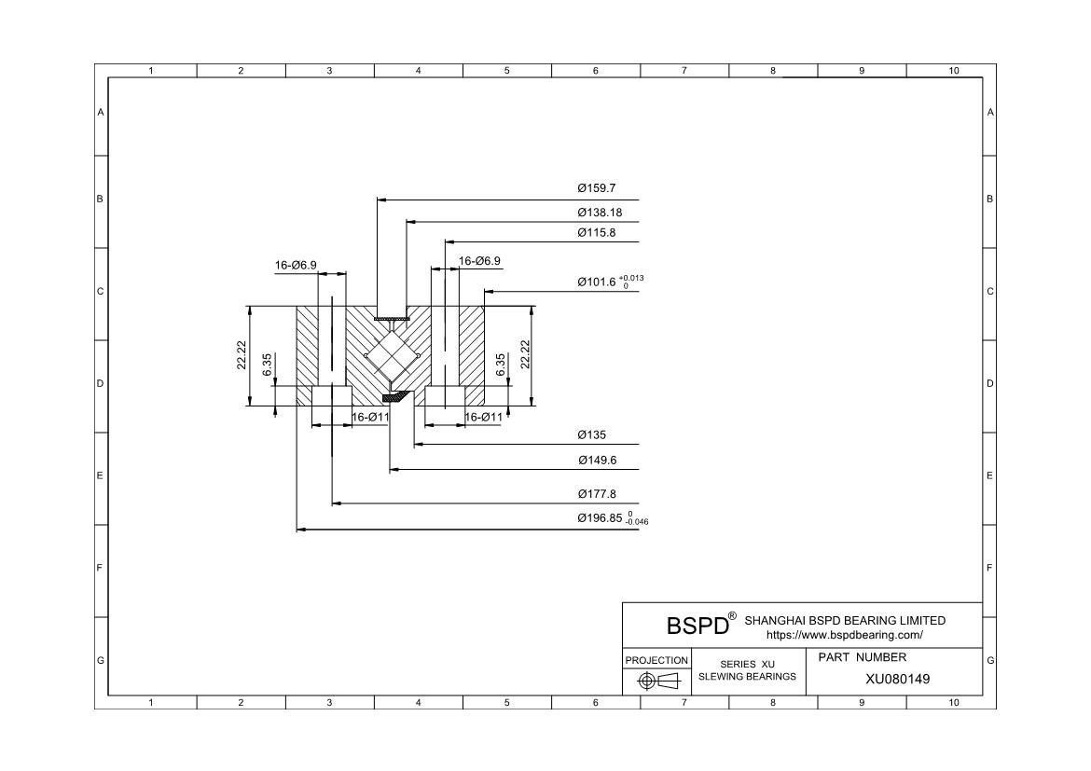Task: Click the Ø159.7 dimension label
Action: click(596, 188)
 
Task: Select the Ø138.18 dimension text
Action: click(600, 213)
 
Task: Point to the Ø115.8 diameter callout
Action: click(596, 232)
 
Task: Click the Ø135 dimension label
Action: click(591, 434)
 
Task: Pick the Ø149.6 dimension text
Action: click(596, 461)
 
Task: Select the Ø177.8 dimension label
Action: click(596, 494)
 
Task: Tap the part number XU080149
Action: click(897, 679)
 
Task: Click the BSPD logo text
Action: click(697, 624)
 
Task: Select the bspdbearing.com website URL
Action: click(844, 635)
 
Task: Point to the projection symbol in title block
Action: click(656, 681)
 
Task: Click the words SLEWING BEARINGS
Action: click(747, 676)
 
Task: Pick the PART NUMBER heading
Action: click(862, 657)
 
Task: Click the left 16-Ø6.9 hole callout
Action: click(295, 265)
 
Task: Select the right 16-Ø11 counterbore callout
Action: click(483, 417)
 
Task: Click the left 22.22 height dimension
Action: click(242, 356)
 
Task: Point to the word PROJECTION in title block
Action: click(656, 660)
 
